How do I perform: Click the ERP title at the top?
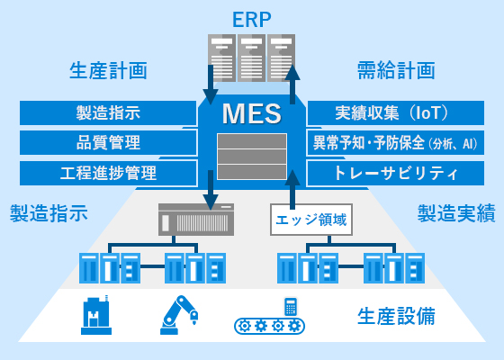(251, 17)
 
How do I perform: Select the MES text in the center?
(252, 114)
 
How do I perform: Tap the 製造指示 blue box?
(108, 113)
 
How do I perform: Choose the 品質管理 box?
(108, 143)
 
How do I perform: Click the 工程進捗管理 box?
(108, 173)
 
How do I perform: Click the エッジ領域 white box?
(309, 218)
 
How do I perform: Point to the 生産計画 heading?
(108, 70)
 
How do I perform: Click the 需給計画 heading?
(396, 70)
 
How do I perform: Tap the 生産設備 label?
(396, 317)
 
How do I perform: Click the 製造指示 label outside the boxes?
(49, 213)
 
